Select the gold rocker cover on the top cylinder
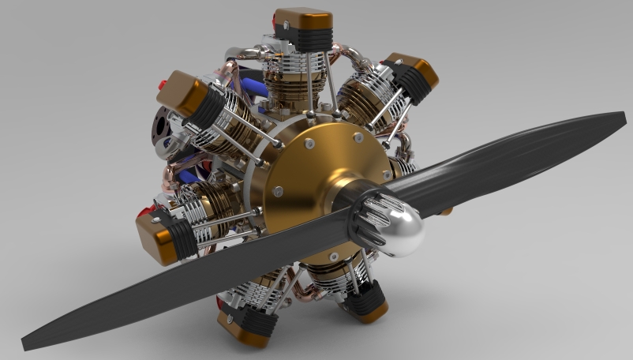point(302,17)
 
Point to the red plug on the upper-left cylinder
point(162,82)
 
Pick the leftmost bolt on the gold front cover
point(278,189)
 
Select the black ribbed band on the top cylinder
point(303,36)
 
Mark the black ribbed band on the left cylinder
point(185,237)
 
